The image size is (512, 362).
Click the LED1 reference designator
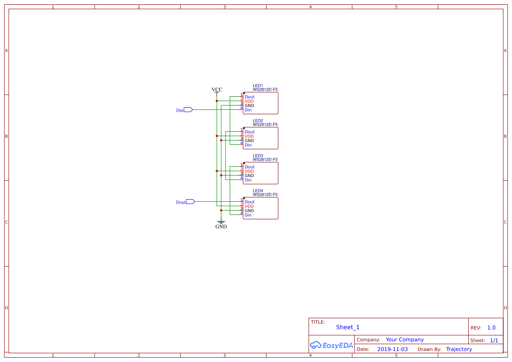(x=258, y=86)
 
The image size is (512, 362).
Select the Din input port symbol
(x=188, y=110)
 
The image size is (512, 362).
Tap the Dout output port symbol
(x=190, y=202)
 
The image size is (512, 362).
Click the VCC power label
(x=217, y=90)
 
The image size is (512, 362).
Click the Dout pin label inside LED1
(x=249, y=97)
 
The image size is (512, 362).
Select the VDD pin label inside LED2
(x=249, y=137)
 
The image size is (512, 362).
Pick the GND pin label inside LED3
(x=249, y=176)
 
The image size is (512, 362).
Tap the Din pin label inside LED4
(x=248, y=215)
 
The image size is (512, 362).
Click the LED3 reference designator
(x=258, y=156)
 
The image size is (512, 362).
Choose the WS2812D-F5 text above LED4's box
(x=265, y=195)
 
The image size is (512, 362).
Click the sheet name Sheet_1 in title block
(x=348, y=327)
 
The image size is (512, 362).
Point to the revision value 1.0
(x=491, y=328)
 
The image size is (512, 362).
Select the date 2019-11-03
(x=392, y=349)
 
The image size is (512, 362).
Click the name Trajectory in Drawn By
(x=459, y=349)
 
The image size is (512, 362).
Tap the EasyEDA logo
(x=332, y=345)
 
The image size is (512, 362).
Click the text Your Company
(x=405, y=340)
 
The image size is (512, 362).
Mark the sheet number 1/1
(x=494, y=340)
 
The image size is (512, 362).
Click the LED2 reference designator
(x=258, y=121)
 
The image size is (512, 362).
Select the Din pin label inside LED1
(x=248, y=110)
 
